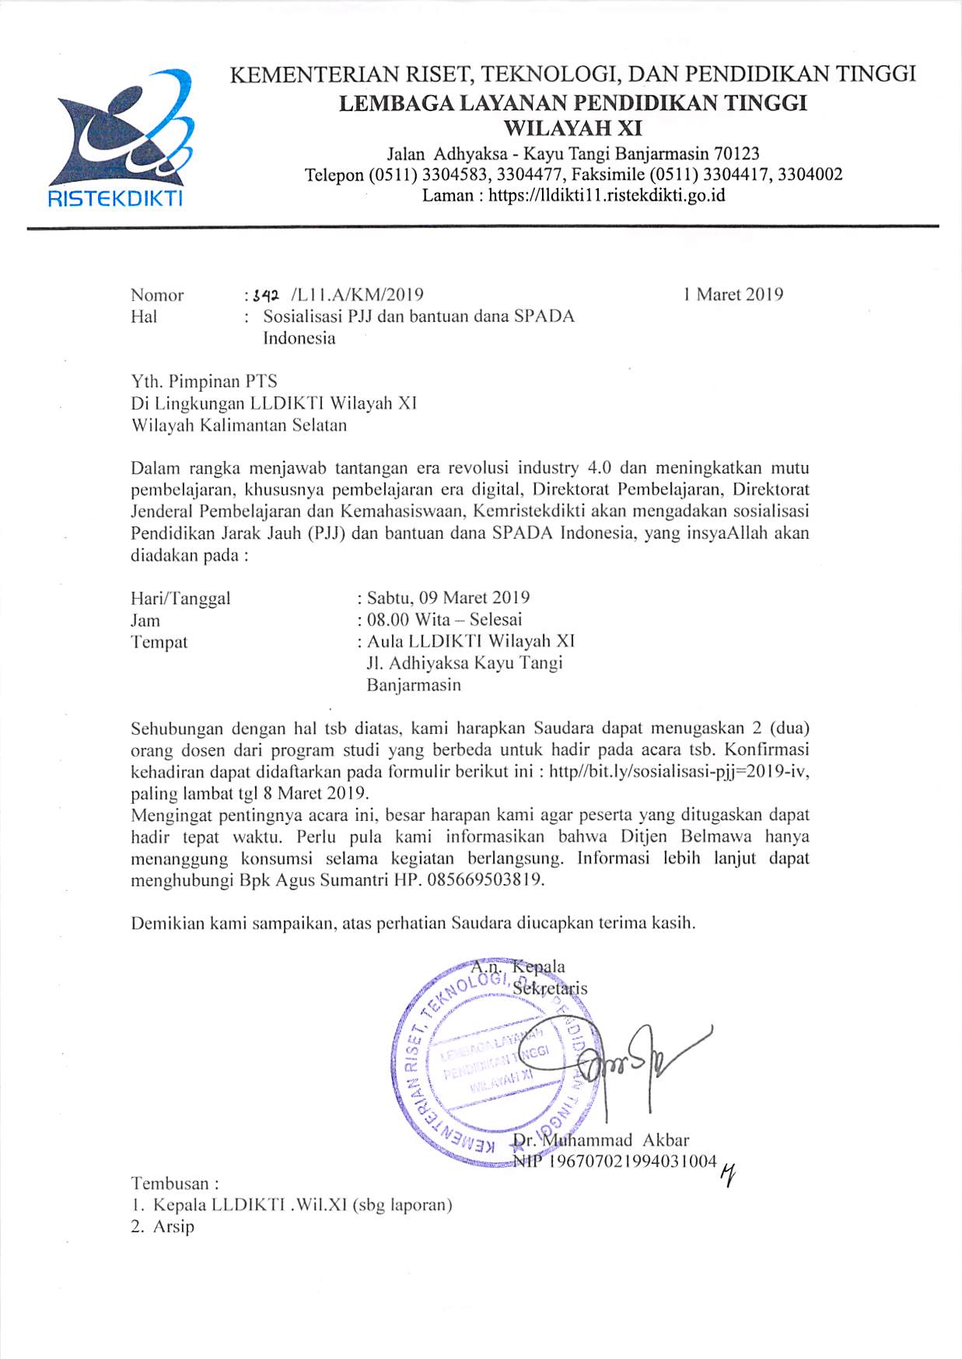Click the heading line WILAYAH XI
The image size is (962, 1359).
pyautogui.click(x=573, y=128)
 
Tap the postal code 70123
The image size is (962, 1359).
pyautogui.click(x=736, y=154)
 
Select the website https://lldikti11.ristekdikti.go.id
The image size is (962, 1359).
pyautogui.click(x=607, y=195)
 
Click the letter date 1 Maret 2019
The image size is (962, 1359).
pyautogui.click(x=733, y=295)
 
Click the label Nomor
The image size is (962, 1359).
pyautogui.click(x=157, y=295)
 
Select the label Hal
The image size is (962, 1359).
pyautogui.click(x=144, y=316)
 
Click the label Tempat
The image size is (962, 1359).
pyautogui.click(x=159, y=642)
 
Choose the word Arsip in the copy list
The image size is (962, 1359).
pyautogui.click(x=173, y=1227)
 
